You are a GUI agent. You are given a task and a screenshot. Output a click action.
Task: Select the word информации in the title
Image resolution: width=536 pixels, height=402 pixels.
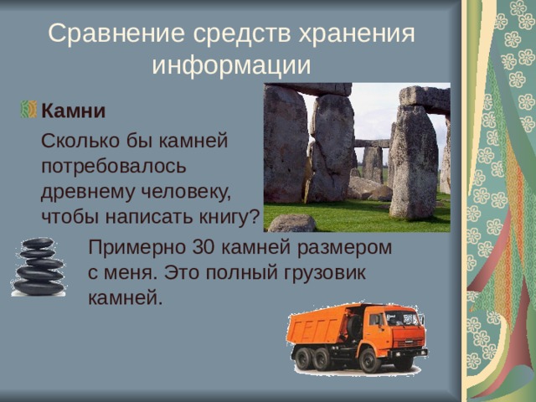[x=231, y=65]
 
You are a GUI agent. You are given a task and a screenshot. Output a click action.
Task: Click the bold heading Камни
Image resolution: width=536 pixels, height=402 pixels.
[x=73, y=111]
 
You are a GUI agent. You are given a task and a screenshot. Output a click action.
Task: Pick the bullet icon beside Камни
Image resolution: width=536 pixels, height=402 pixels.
[x=28, y=110]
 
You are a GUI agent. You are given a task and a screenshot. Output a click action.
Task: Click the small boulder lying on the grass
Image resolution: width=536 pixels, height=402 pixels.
[x=291, y=223]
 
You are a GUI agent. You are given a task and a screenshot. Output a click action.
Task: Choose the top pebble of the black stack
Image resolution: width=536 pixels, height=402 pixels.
[x=38, y=244]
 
